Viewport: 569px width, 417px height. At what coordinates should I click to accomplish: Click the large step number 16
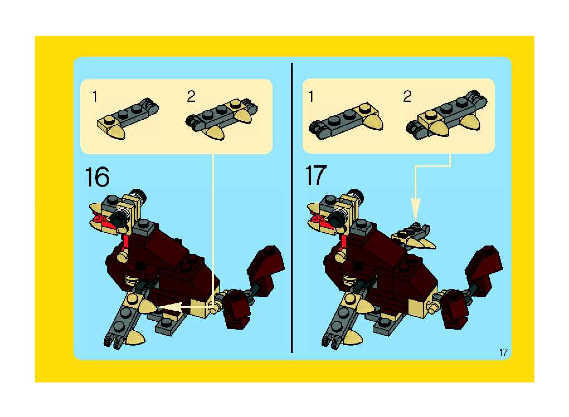click(98, 177)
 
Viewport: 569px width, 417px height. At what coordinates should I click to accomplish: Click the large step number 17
click(315, 175)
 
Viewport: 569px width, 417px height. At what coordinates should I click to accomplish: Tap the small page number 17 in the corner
click(503, 353)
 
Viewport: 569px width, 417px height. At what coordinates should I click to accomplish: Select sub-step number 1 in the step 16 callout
click(95, 97)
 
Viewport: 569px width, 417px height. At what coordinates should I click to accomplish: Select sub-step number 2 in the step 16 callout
click(191, 97)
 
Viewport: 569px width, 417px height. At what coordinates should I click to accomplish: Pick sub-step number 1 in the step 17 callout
click(311, 97)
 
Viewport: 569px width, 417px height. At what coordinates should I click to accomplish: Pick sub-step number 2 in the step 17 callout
click(407, 97)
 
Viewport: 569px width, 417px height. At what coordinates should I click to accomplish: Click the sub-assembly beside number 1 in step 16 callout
click(128, 118)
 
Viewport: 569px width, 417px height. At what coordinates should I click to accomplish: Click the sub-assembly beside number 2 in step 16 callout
click(222, 119)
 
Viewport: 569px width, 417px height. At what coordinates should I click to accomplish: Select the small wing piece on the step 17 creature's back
click(413, 236)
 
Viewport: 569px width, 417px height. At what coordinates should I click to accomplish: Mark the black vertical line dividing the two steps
click(292, 208)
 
